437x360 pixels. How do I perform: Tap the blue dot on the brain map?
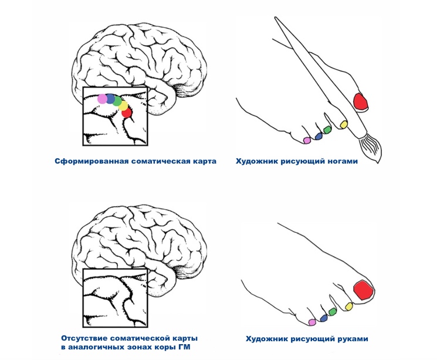point(110,99)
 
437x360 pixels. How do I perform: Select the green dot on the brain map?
point(117,101)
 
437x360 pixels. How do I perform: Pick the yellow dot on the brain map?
point(123,107)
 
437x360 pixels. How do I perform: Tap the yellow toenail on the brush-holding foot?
point(343,124)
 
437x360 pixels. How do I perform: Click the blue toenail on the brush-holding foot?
point(319,135)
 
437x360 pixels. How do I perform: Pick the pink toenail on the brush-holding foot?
point(306,140)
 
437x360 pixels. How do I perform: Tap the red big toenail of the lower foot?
point(363,290)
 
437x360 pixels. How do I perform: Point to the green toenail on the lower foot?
point(332,311)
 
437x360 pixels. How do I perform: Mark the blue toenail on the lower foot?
point(323,316)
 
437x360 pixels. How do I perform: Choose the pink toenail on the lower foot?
point(311,322)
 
